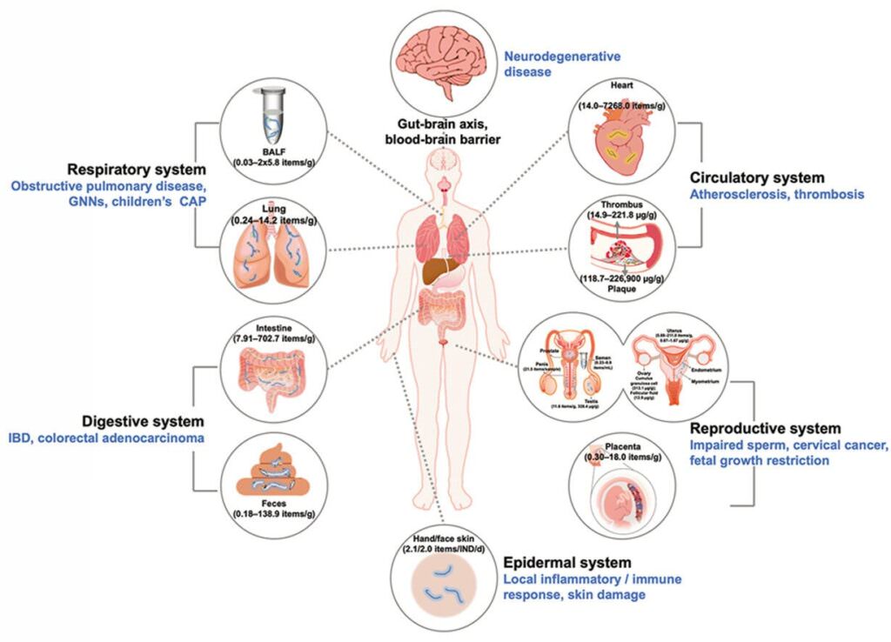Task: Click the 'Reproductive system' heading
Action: coord(765,429)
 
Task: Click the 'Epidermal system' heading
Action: coord(566,563)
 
